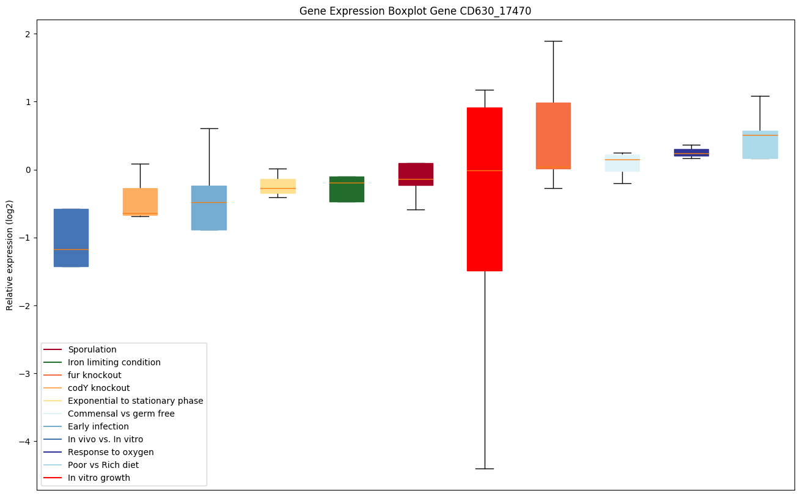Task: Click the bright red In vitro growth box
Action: [484, 189]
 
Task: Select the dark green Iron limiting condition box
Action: [347, 189]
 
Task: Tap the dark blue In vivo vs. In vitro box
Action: [71, 238]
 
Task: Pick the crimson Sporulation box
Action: [416, 174]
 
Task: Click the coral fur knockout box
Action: [553, 136]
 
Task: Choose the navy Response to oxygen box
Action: [691, 152]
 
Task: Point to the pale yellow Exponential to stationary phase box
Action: [277, 186]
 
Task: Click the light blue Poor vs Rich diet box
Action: [760, 145]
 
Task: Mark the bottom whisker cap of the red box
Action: [484, 469]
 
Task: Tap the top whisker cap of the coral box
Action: [553, 41]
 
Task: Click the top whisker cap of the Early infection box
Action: [209, 128]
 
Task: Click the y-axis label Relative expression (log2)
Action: [10, 255]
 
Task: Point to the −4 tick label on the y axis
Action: [25, 442]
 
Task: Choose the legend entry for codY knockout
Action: [98, 388]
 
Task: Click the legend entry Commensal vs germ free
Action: [121, 414]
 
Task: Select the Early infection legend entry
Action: [98, 426]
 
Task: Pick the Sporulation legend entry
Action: [92, 349]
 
